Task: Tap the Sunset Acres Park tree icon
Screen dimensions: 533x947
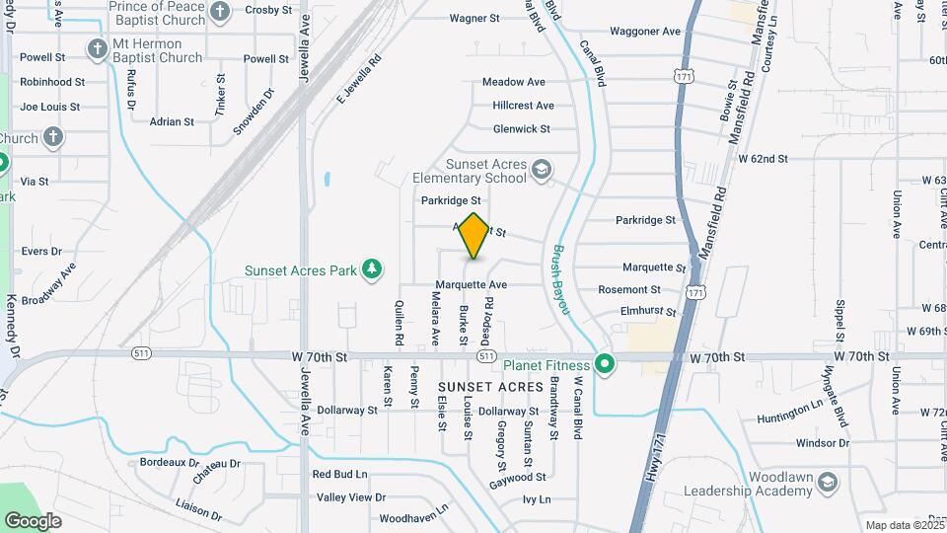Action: click(372, 268)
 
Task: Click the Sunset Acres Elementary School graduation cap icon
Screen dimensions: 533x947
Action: click(541, 171)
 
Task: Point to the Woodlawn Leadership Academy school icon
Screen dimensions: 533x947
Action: click(827, 483)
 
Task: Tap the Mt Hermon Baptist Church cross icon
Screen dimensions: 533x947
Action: click(97, 48)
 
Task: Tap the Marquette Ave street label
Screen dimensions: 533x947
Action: click(471, 285)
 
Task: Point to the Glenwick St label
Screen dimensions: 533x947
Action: click(521, 128)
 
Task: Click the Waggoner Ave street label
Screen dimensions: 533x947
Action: click(645, 32)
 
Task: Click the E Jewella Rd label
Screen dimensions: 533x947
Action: click(358, 80)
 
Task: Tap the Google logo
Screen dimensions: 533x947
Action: click(33, 520)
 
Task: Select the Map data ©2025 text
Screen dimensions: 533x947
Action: click(905, 525)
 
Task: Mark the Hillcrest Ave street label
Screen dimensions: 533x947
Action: click(523, 106)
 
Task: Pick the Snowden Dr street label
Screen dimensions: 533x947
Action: click(254, 112)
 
